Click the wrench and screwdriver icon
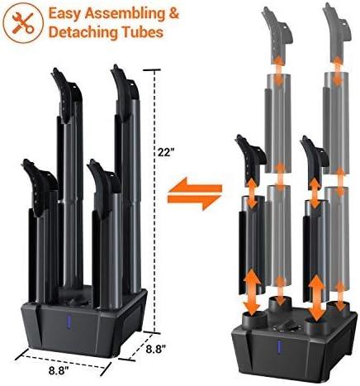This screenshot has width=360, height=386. pos(23,22)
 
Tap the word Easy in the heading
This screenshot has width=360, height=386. pos(64,13)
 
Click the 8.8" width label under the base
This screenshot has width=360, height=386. pos(59,370)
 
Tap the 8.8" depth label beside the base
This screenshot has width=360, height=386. pos(156,349)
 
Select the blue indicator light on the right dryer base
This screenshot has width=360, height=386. pos(281,348)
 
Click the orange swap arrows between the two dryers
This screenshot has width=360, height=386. pos(195,193)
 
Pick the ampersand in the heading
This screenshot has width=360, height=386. pos(173,13)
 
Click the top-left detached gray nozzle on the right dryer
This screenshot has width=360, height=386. pos(277,33)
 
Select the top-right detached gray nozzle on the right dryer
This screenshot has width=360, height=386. pos(337,31)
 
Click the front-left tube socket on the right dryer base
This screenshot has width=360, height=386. pos(255,320)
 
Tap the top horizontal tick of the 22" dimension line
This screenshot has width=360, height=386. pos(152,70)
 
